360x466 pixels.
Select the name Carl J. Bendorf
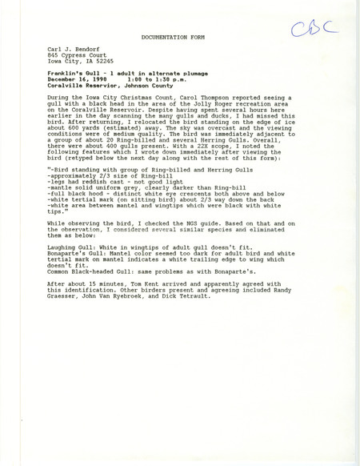73,49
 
